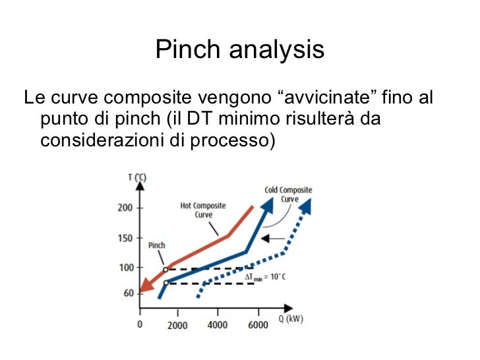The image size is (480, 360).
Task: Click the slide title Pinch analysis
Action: pos(240,49)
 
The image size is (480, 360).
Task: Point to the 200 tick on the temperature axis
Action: pos(125,208)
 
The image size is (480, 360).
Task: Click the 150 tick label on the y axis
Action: pos(125,238)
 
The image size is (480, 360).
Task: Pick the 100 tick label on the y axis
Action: pos(125,268)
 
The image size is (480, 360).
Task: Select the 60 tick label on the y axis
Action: pos(127,293)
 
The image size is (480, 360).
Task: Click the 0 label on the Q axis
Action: pos(139,325)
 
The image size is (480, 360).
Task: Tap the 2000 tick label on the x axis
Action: pos(177,325)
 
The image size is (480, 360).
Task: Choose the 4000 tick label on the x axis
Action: pos(217,325)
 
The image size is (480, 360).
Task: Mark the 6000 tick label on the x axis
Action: pos(258,325)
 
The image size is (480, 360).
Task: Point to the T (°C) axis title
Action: pos(137,177)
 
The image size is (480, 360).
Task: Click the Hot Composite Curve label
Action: pos(203,210)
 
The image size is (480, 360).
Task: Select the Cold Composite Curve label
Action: pos(288,195)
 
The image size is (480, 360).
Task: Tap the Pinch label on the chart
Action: pos(157,245)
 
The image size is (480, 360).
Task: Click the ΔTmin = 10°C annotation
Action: pos(265,278)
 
